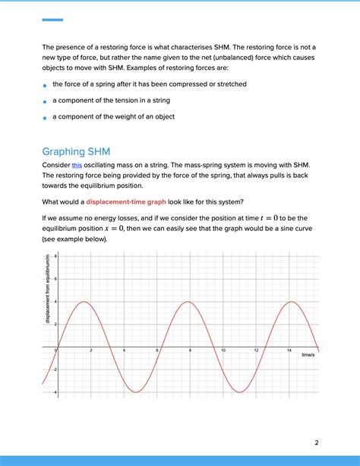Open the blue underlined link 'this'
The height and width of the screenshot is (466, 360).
(x=77, y=165)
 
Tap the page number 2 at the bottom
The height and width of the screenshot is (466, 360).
(x=317, y=443)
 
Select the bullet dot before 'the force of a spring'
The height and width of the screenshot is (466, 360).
(x=46, y=85)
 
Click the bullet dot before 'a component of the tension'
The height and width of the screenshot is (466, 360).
(x=46, y=101)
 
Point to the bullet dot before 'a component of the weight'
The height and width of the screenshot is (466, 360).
(x=46, y=118)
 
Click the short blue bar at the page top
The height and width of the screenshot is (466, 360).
(x=52, y=20)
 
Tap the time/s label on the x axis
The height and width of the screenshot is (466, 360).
(x=308, y=355)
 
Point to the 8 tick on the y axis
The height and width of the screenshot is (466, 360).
(x=55, y=257)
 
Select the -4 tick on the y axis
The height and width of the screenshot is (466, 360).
(x=55, y=392)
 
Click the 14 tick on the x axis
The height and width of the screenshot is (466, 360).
(x=289, y=350)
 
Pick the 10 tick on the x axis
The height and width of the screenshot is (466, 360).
(x=223, y=350)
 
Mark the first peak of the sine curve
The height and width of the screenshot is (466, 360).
(x=84, y=303)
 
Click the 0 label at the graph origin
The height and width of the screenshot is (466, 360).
(x=56, y=350)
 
